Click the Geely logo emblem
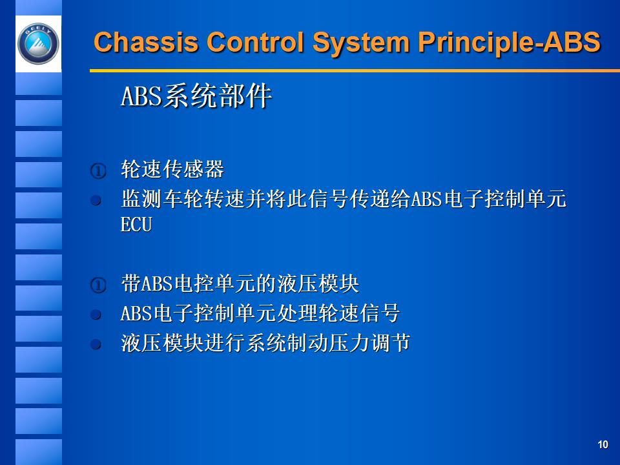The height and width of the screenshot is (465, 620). [x=38, y=43]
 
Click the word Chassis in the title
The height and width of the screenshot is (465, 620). [x=146, y=43]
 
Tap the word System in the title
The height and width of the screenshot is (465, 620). [x=360, y=43]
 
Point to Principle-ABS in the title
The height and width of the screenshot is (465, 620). [x=510, y=43]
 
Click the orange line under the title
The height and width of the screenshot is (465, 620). [x=349, y=70]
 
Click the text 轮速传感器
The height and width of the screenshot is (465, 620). [x=172, y=170]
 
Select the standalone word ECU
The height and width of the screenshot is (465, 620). [x=136, y=225]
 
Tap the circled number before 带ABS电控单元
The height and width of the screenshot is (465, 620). [x=97, y=285]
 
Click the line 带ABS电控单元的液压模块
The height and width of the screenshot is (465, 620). [x=240, y=284]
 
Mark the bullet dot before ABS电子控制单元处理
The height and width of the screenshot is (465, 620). [x=96, y=315]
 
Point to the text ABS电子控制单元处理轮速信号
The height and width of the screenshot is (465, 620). [x=260, y=314]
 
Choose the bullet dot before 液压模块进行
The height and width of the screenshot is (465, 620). [x=96, y=344]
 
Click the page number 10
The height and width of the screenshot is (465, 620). [x=603, y=444]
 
